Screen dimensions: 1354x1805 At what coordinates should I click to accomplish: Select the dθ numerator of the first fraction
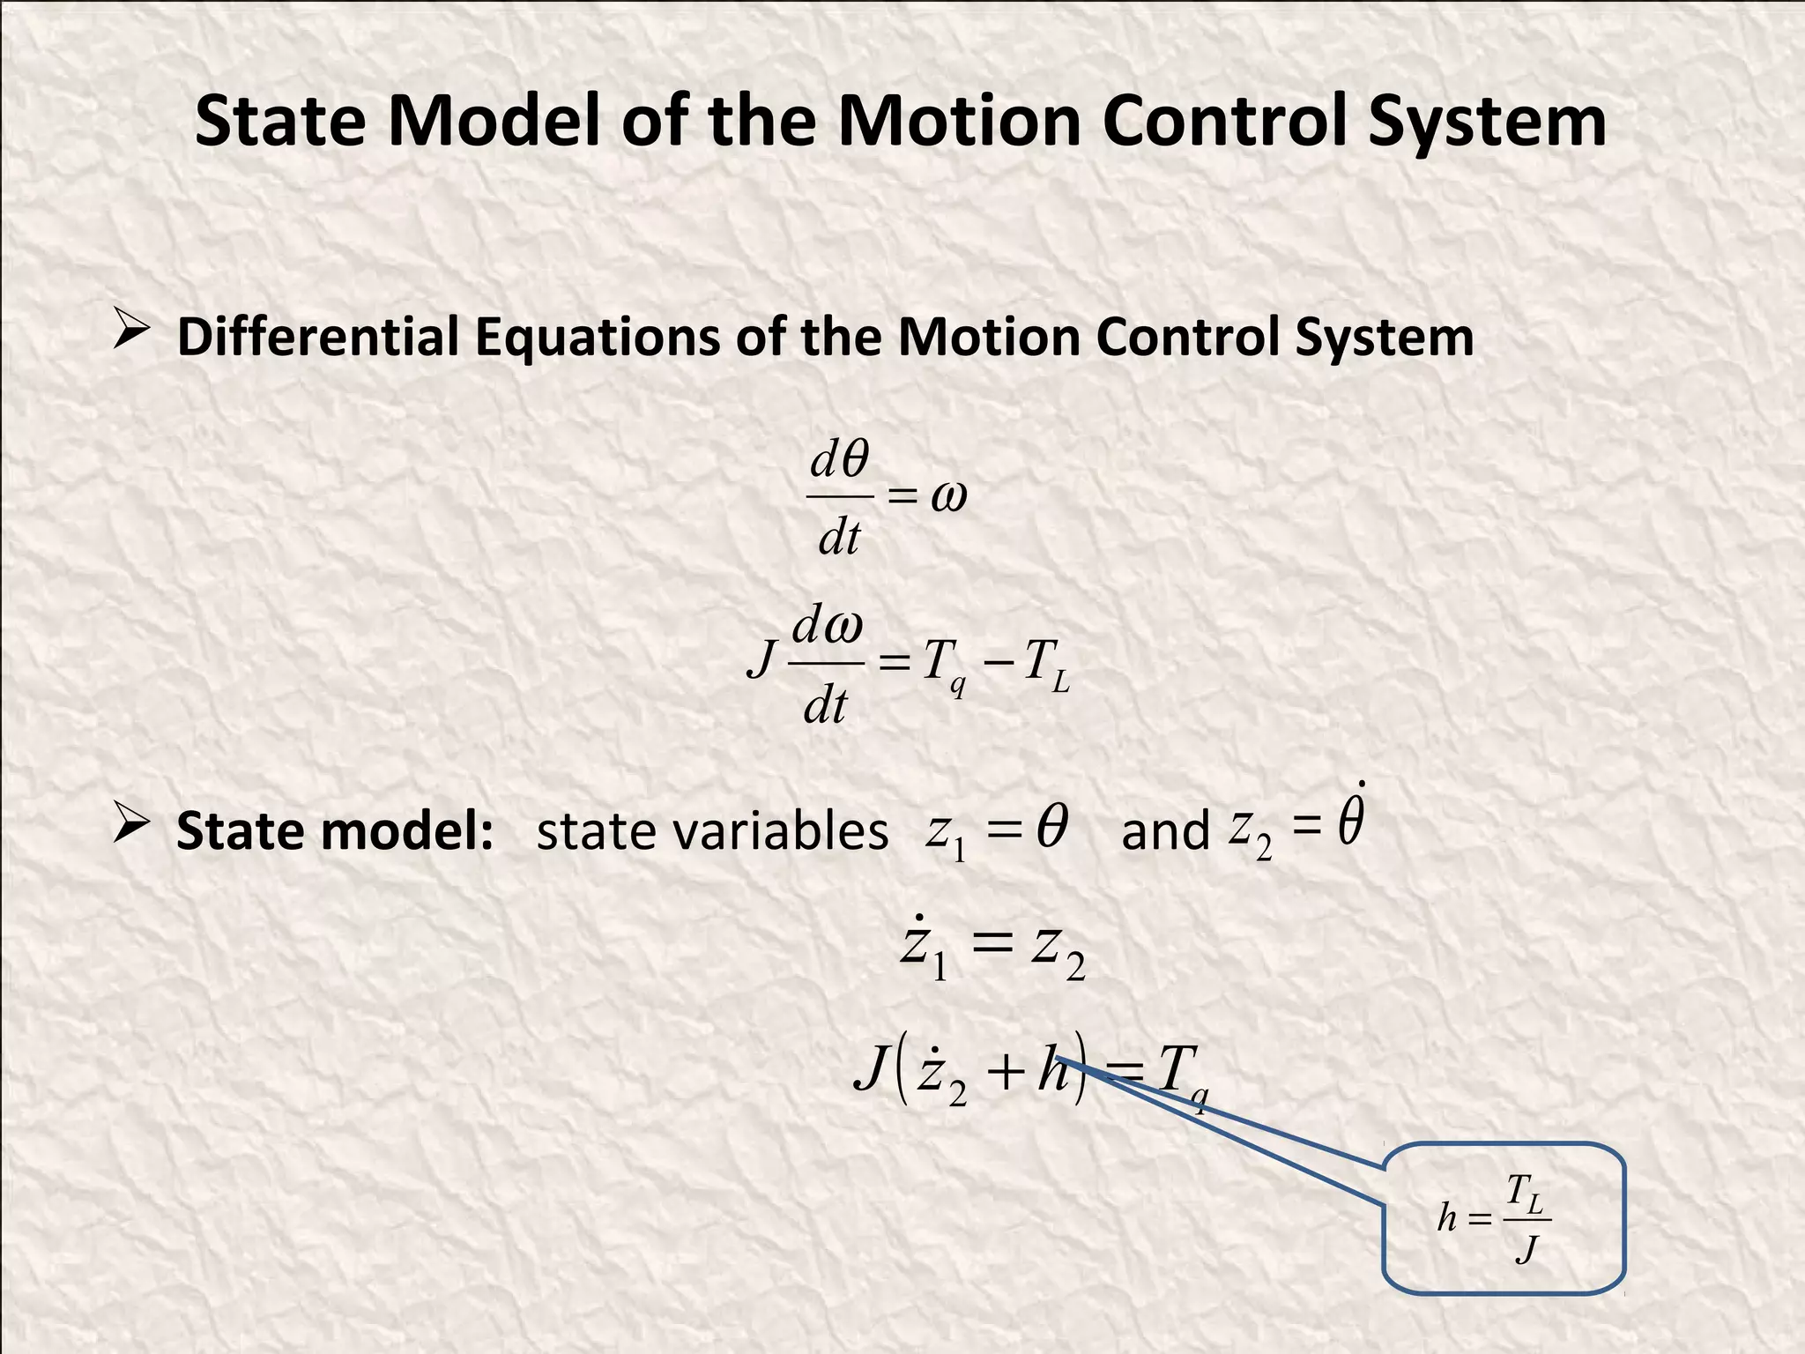coord(840,460)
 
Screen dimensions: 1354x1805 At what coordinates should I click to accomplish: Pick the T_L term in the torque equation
coord(1046,666)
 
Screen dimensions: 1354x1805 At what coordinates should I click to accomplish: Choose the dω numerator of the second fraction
coord(827,628)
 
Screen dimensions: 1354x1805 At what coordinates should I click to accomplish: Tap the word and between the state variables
coord(1164,831)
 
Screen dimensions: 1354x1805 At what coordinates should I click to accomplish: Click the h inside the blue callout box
coord(1447,1218)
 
